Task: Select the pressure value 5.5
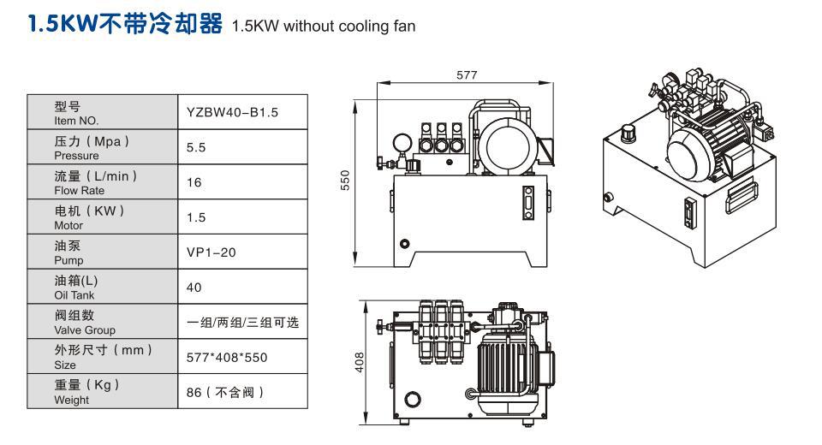(195, 148)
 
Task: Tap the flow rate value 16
(194, 182)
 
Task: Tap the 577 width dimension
(466, 75)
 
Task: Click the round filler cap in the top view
(413, 399)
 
